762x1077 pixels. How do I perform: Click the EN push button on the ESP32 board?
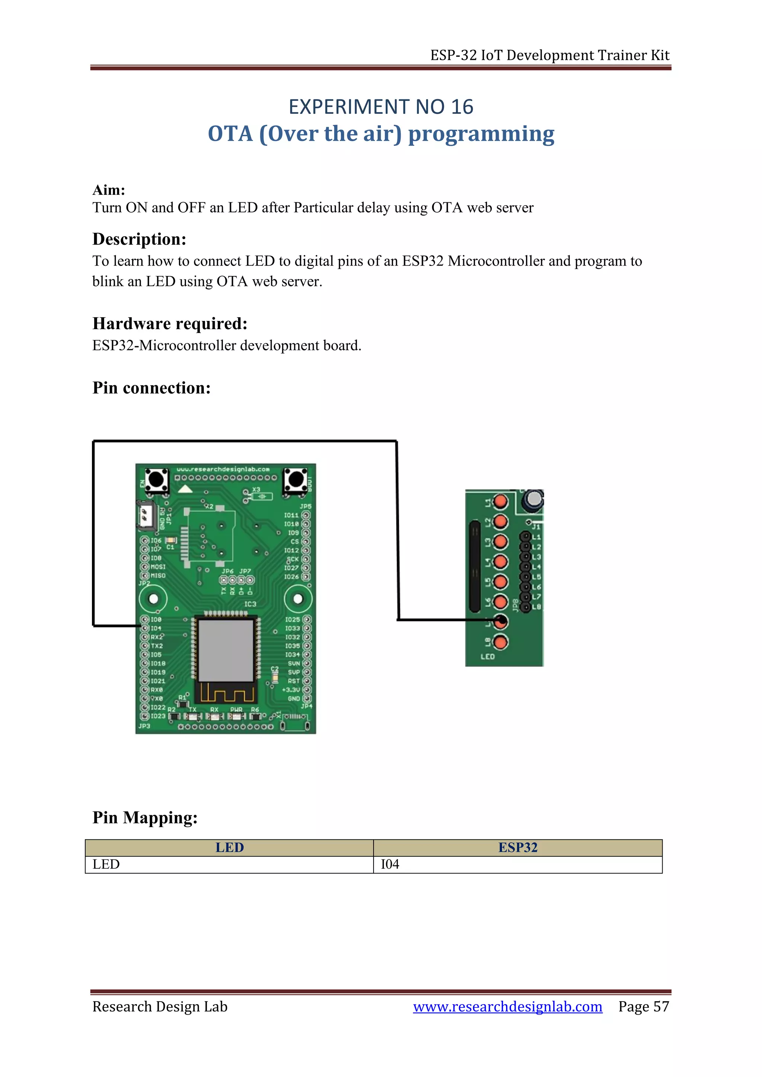[157, 480]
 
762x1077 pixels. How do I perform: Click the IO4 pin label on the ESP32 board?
[156, 628]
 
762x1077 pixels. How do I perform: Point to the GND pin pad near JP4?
[306, 698]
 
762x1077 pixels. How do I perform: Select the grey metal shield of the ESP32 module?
[226, 650]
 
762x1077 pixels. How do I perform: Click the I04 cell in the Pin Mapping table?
[390, 865]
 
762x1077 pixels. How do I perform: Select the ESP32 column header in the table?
[518, 848]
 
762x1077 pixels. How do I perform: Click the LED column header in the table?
[230, 848]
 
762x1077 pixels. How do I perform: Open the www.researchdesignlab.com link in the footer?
[507, 1007]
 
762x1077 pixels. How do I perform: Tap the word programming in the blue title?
[481, 134]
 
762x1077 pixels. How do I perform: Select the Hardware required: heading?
[170, 324]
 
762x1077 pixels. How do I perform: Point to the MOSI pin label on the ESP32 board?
[158, 567]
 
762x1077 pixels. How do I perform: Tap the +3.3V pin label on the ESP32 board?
[291, 689]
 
